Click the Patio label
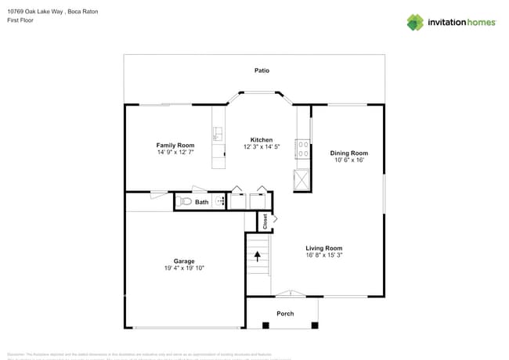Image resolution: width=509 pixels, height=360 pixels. [262, 70]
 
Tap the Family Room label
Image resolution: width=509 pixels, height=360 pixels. [175, 146]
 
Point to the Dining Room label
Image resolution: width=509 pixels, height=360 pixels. [348, 153]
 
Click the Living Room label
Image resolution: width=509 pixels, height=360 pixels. [323, 248]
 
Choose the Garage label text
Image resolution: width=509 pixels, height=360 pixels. [184, 261]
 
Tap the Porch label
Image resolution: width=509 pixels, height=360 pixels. [285, 314]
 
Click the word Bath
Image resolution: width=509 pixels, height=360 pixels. [202, 202]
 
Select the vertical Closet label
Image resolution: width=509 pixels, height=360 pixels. [265, 222]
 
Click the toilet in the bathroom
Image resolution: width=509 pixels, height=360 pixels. [184, 202]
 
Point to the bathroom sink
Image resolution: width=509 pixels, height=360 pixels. [220, 201]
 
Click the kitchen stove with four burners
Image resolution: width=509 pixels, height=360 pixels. [301, 148]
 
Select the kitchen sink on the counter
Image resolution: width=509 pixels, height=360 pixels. [218, 134]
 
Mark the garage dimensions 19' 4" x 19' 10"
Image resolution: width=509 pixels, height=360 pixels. [184, 268]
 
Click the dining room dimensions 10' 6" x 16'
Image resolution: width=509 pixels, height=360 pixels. [348, 160]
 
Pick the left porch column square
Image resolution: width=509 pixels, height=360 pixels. [250, 324]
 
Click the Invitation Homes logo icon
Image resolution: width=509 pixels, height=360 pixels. [414, 22]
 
